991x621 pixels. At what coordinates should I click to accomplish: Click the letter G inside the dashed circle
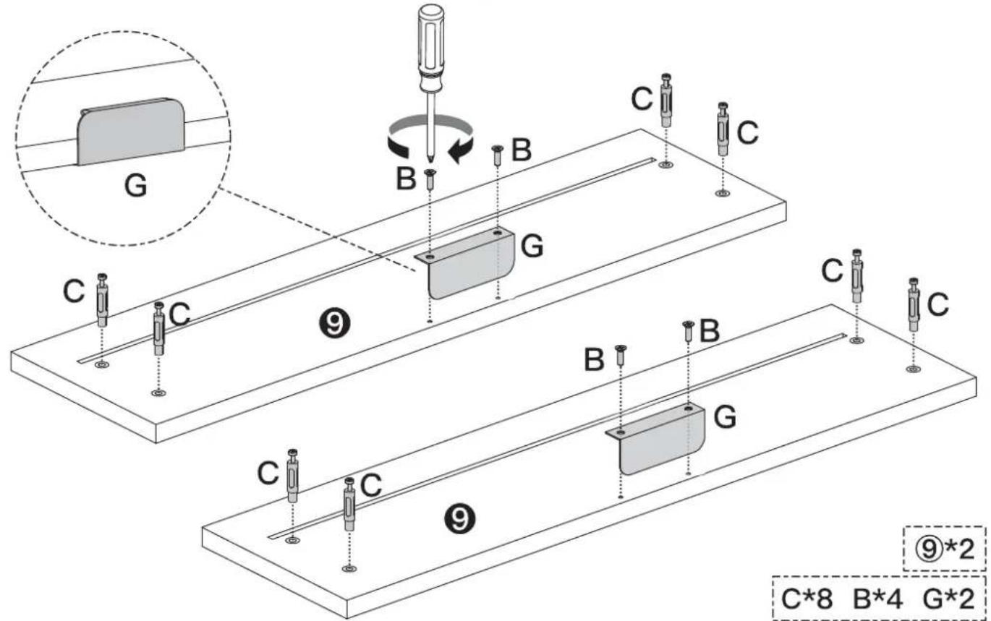[135, 186]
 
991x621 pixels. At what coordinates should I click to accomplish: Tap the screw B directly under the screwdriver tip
[430, 179]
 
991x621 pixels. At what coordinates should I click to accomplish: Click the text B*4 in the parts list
[880, 598]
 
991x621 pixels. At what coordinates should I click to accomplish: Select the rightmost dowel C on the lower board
[914, 305]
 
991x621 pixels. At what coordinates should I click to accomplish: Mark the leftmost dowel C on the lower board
[292, 476]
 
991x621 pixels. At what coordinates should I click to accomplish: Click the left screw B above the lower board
[620, 356]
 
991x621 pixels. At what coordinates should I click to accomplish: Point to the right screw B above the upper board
[498, 155]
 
